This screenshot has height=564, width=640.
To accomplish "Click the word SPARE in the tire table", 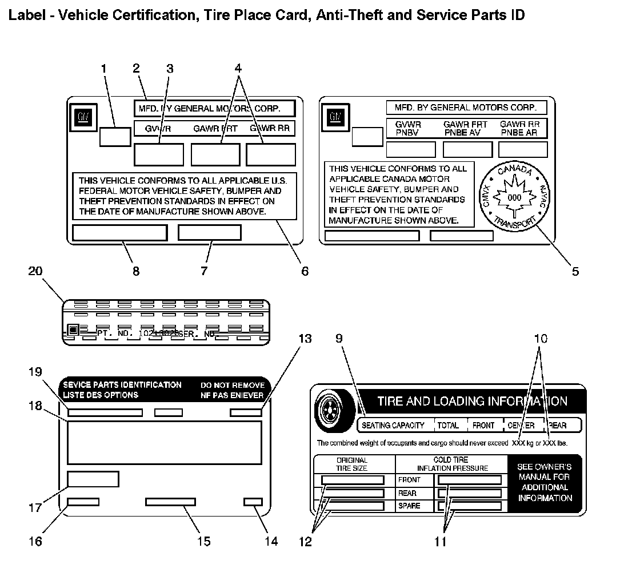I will (409, 506).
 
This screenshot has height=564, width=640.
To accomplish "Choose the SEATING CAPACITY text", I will (393, 425).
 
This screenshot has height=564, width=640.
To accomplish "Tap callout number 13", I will (305, 339).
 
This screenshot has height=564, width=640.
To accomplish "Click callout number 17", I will (35, 507).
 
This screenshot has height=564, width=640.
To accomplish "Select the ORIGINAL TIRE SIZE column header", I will (352, 464).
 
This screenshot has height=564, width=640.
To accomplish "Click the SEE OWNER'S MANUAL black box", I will (545, 482).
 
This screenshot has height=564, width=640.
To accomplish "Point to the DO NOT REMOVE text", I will (232, 385).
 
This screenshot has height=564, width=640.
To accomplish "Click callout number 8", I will (136, 271).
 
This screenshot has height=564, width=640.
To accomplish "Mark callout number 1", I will (104, 69).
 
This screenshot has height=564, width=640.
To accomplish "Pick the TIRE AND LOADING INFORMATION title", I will (472, 401).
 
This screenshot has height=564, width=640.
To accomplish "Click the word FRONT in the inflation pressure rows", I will (409, 480).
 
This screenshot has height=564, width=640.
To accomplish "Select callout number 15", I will (203, 541).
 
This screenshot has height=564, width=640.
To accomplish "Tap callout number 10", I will (541, 339).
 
